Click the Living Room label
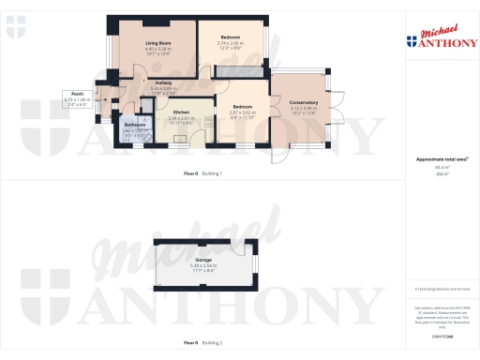[157, 43]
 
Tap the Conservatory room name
[304, 102]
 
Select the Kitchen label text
[181, 112]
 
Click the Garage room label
[203, 260]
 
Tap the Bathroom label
[136, 125]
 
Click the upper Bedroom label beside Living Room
[231, 37]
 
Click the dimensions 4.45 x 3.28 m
[157, 49]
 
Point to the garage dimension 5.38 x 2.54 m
[203, 265]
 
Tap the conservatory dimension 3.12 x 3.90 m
[304, 108]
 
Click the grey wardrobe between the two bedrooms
[231, 72]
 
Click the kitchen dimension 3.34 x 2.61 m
[181, 118]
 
